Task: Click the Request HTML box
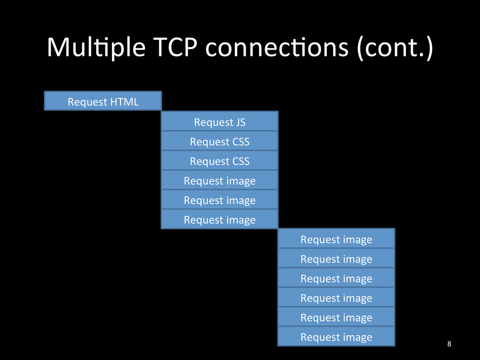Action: tap(103, 101)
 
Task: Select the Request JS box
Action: tap(219, 122)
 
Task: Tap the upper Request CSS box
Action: tap(219, 142)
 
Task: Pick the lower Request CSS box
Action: tap(219, 161)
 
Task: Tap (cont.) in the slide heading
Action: tap(394, 49)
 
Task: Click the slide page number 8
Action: tap(449, 345)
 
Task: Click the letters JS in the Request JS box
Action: tap(239, 122)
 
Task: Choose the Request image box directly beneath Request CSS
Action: tap(219, 180)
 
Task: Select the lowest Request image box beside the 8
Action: tap(336, 337)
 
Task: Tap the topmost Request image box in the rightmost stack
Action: tap(336, 239)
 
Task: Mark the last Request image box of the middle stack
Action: tap(219, 219)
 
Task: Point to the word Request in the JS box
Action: tap(212, 122)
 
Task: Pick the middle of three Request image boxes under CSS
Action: tap(219, 200)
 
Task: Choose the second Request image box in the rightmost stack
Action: tap(336, 259)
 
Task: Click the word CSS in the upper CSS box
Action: tap(240, 142)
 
